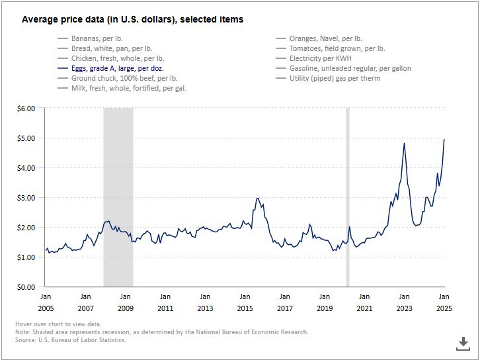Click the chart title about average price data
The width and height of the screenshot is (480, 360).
click(x=132, y=20)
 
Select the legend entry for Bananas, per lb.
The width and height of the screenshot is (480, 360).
click(x=97, y=39)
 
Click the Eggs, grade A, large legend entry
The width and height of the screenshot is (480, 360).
click(x=118, y=68)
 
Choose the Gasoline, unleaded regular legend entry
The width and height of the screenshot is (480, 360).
click(x=350, y=68)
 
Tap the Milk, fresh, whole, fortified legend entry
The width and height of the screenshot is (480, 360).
click(x=128, y=88)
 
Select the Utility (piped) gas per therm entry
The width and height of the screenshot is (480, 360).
click(x=335, y=78)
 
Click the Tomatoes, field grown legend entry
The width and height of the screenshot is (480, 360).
click(x=337, y=49)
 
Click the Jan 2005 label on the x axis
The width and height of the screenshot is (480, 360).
click(x=46, y=302)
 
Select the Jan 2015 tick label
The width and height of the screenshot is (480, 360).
click(x=245, y=302)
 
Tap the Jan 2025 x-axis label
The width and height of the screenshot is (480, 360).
click(x=444, y=302)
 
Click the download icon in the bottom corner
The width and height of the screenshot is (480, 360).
click(x=463, y=343)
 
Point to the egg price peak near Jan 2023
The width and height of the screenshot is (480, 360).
click(x=404, y=143)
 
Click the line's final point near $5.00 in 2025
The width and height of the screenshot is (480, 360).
click(x=444, y=139)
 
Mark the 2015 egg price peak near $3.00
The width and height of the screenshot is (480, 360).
click(x=258, y=198)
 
